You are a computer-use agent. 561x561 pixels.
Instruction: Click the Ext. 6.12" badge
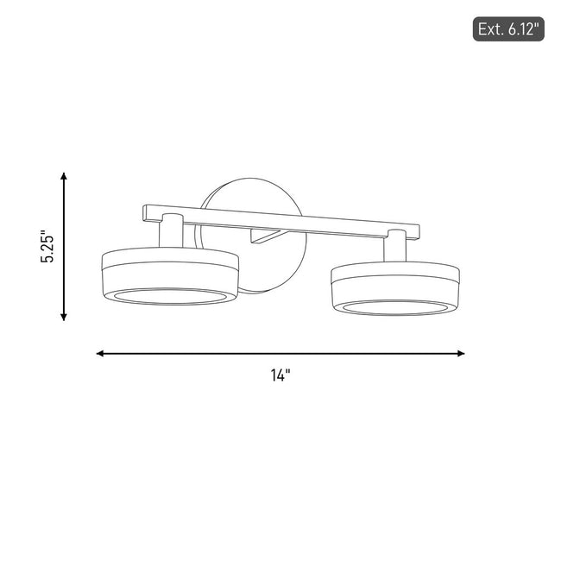[508, 29]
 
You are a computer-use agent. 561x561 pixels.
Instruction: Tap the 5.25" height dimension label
[47, 246]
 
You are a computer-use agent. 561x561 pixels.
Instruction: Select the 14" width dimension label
[280, 375]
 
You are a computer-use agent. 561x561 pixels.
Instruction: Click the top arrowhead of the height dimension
[64, 176]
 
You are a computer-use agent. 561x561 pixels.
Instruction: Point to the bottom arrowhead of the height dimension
[64, 317]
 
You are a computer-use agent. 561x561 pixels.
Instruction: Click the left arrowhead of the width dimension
[100, 354]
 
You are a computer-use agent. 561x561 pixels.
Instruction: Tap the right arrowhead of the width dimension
[461, 354]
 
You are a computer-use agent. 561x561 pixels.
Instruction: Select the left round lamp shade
[170, 276]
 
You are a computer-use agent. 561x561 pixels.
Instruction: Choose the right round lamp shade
[395, 288]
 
